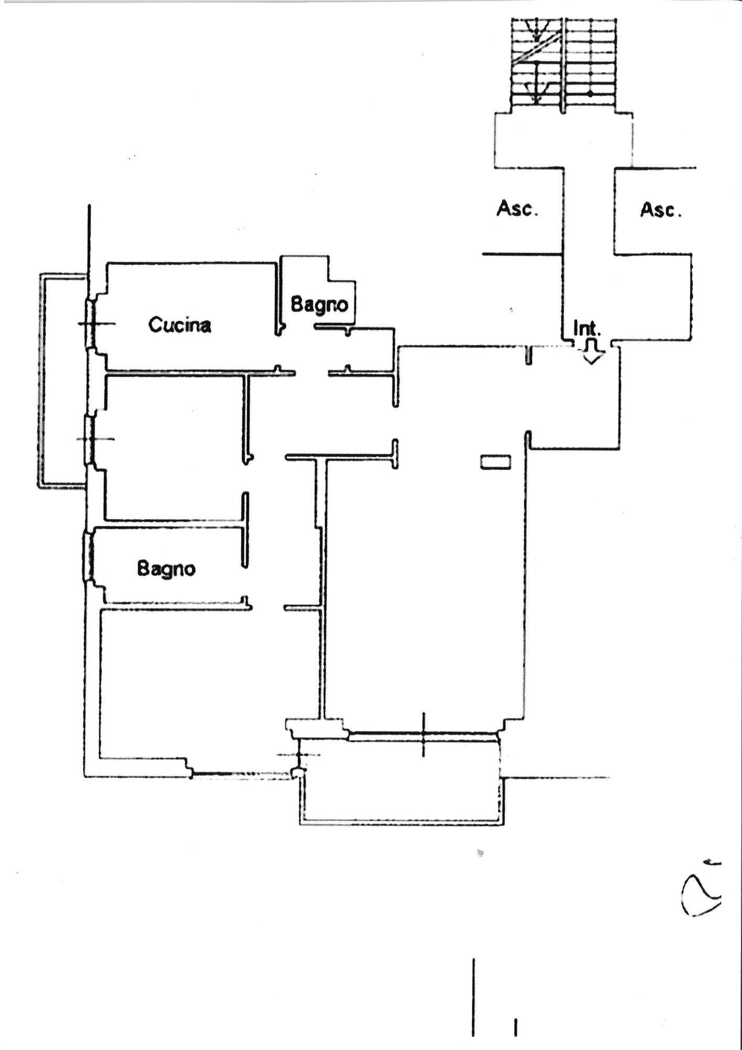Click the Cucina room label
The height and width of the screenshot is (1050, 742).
tap(180, 325)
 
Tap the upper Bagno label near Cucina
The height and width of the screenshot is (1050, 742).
tap(319, 304)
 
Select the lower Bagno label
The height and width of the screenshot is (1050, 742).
tap(166, 569)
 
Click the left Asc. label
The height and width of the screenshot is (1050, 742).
tap(517, 209)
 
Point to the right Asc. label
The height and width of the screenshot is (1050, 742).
tap(661, 210)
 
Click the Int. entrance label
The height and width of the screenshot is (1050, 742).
tap(587, 329)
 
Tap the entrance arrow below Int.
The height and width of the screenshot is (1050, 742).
tap(592, 351)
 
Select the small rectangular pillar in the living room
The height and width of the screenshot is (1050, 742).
tap(495, 461)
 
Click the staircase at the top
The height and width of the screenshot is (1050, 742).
tap(564, 65)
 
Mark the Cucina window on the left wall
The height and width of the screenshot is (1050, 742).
tap(90, 323)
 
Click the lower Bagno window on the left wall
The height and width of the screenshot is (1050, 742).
tap(88, 556)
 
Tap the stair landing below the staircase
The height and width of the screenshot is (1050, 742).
tap(564, 140)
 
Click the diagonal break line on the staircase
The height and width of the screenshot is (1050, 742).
tap(538, 49)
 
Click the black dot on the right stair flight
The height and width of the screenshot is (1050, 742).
tap(590, 94)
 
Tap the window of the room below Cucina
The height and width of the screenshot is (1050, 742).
tap(90, 439)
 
